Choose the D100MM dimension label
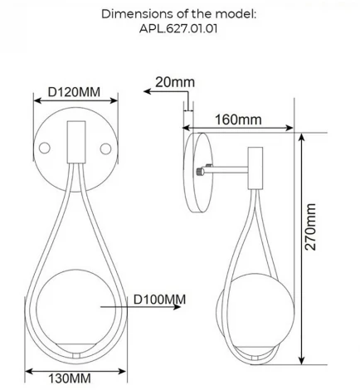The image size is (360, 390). pyautogui.click(x=160, y=298)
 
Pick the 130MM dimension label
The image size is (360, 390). pyautogui.click(x=69, y=378)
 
